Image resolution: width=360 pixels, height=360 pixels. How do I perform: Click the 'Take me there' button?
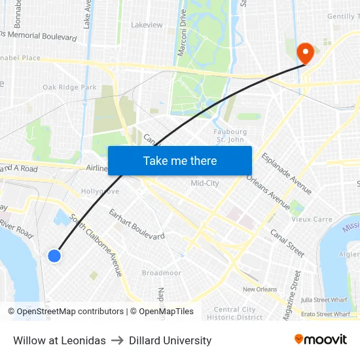(180, 160)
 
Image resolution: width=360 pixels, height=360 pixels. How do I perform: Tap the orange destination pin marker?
(305, 53)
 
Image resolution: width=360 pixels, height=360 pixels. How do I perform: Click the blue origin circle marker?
(54, 256)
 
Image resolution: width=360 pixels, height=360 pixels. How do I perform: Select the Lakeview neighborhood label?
(147, 25)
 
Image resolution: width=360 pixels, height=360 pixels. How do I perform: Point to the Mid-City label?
(204, 183)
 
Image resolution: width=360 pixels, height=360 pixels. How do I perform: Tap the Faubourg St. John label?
(230, 135)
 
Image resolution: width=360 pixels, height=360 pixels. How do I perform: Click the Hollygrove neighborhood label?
(100, 191)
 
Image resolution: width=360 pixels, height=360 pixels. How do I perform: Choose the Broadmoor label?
(162, 273)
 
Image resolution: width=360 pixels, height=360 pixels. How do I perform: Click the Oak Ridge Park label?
(69, 87)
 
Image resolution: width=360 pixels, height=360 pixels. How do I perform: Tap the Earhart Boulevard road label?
(136, 223)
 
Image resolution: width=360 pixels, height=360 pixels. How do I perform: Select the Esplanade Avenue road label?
(286, 173)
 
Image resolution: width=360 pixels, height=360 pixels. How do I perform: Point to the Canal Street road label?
(288, 242)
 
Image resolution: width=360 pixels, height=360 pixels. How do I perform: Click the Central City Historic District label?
(235, 314)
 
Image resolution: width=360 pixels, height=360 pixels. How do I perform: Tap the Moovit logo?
(321, 340)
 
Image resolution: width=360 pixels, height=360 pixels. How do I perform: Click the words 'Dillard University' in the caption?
(170, 340)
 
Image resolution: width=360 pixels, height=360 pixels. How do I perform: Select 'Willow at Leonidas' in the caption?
(60, 340)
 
